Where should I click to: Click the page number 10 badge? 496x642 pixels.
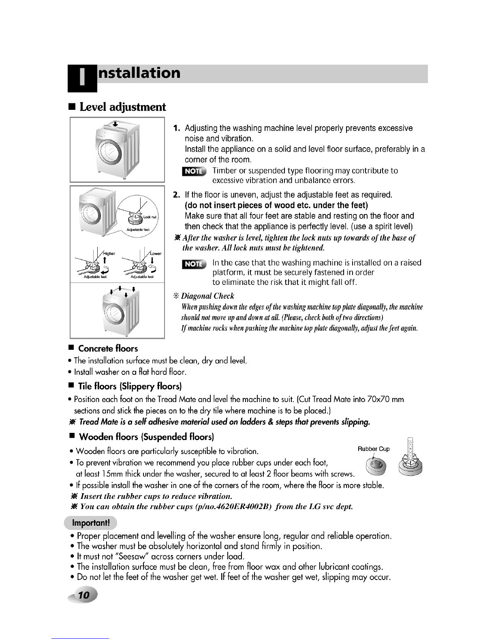(x=84, y=595)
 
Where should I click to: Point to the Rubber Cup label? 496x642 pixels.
(x=373, y=449)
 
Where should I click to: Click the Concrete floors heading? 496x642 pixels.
(x=108, y=349)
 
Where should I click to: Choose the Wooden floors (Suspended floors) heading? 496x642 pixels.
(x=146, y=437)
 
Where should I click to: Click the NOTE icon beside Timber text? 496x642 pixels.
(x=194, y=171)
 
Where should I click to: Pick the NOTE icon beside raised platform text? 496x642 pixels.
(x=194, y=265)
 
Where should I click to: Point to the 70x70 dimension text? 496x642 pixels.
(x=379, y=400)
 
